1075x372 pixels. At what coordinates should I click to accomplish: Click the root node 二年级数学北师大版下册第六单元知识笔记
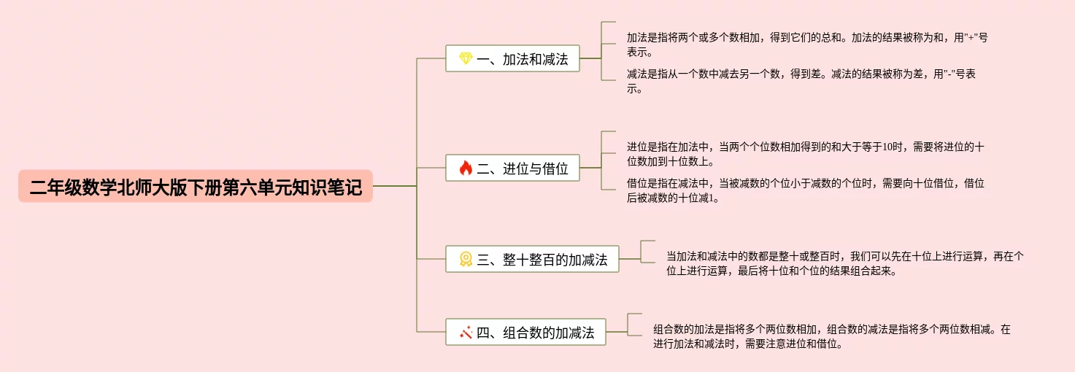[196, 187]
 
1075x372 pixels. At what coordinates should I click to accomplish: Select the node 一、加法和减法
[512, 59]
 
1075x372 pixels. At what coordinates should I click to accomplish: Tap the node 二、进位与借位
[512, 168]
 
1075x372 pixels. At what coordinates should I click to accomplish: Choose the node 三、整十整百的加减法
[532, 259]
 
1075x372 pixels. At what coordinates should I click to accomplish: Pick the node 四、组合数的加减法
[525, 333]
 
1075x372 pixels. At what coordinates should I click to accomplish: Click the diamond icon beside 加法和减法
[466, 59]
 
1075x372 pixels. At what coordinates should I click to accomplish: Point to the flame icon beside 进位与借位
[466, 168]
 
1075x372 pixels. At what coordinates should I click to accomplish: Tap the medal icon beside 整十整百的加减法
[466, 259]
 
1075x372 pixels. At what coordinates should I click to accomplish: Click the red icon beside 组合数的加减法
[466, 333]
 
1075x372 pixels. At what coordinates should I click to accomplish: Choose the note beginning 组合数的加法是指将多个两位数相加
[832, 336]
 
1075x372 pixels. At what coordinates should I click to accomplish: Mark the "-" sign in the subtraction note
[947, 74]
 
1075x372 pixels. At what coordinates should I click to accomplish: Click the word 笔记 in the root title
[344, 187]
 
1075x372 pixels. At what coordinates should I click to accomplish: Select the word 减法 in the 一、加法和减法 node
[555, 59]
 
